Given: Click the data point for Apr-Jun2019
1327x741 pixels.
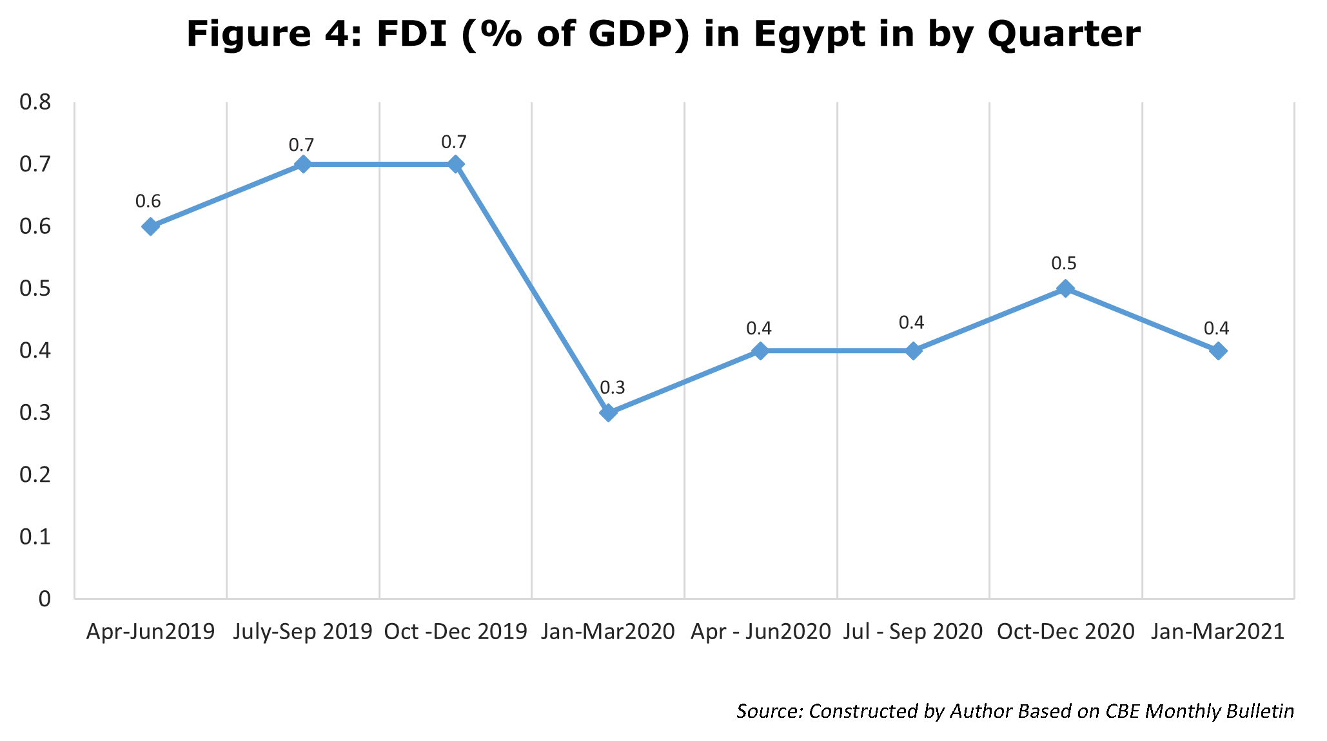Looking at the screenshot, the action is tap(150, 226).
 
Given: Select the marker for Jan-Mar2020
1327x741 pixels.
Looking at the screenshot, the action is tap(608, 412).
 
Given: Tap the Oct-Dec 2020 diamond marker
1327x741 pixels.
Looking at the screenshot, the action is tap(1066, 288).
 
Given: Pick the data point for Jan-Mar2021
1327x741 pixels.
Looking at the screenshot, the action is tap(1218, 351).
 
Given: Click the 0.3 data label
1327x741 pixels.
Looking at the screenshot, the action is tap(613, 388).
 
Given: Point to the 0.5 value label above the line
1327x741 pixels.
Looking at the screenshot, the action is tap(1064, 264).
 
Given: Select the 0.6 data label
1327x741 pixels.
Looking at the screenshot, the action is tap(148, 202).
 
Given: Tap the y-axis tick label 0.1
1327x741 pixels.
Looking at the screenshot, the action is tap(35, 537).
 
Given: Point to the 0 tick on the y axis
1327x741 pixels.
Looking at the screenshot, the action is tap(44, 599).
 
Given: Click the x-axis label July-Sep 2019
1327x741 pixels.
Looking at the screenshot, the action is tap(303, 631).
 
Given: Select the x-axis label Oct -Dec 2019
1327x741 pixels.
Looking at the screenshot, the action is tap(456, 631).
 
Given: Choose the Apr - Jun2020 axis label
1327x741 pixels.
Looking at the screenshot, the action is tap(761, 631).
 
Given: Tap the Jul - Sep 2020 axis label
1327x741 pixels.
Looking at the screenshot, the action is tap(913, 631).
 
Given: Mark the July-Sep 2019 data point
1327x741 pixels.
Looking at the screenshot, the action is tap(303, 164).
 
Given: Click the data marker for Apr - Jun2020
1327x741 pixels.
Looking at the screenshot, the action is tap(761, 351).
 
